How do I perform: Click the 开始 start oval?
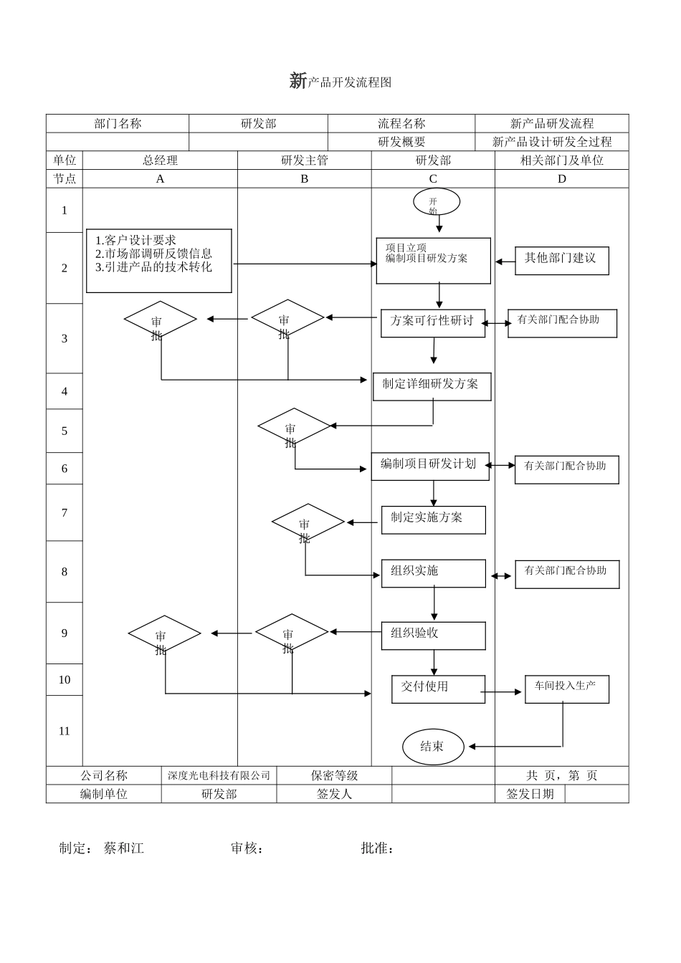pos(436,202)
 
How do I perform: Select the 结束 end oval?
pos(432,747)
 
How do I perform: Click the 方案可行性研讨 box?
pos(432,322)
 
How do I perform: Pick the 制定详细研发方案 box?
pos(432,386)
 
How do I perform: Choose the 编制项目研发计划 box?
pos(429,466)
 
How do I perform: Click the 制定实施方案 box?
pos(433,519)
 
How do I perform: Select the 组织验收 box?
pos(433,635)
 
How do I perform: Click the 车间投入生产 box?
pos(566,689)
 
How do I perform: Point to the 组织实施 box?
pos(433,573)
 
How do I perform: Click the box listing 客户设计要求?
pos(159,261)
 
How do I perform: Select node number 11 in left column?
pos(65,731)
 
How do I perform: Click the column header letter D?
pos(561,179)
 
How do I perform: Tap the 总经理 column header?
pos(160,160)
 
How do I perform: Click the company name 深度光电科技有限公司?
pos(219,775)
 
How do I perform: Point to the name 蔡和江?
pos(124,848)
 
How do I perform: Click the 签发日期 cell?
pos(530,794)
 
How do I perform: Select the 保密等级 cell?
pos(334,775)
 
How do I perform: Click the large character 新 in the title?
pos(297,81)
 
